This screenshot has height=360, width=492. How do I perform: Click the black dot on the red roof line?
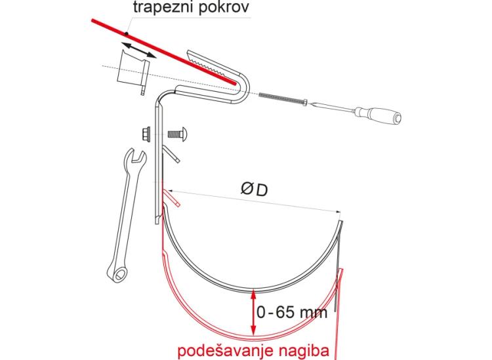pyautogui.click(x=126, y=33)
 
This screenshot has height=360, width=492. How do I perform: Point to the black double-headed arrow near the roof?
pyautogui.click(x=138, y=50)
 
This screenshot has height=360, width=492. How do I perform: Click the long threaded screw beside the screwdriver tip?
pyautogui.click(x=282, y=98)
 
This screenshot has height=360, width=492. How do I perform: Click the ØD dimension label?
pyautogui.click(x=254, y=190)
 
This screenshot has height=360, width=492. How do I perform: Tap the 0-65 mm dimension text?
pyautogui.click(x=291, y=312)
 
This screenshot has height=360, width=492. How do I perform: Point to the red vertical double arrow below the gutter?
pyautogui.click(x=253, y=313)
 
